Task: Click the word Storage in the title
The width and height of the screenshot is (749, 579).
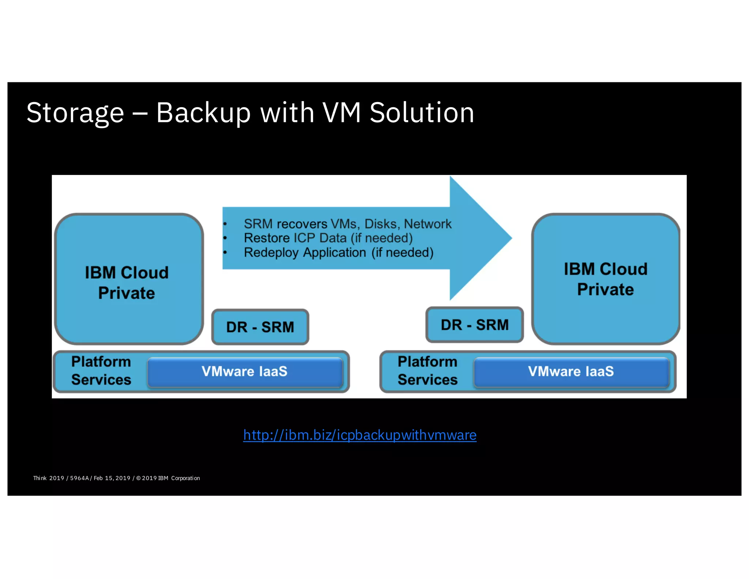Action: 75,113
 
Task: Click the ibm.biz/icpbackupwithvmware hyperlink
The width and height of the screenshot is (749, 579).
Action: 360,435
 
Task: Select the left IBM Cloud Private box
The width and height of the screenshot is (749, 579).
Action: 129,279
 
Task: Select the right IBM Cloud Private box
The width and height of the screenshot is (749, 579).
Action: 605,279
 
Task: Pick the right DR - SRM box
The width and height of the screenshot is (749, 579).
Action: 474,325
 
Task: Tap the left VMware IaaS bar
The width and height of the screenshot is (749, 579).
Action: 245,372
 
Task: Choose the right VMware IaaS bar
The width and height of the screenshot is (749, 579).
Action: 571,372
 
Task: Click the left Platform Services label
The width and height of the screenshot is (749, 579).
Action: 101,371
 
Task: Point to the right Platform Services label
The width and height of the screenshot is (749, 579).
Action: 428,371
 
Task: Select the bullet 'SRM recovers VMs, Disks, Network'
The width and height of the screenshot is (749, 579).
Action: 347,224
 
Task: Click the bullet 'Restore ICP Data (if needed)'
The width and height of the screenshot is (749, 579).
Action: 328,238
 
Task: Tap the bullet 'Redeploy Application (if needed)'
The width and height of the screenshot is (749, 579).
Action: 338,253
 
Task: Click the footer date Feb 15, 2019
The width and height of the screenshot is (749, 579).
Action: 112,478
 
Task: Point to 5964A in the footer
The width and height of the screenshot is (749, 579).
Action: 79,478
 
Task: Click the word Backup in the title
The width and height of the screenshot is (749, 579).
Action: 203,113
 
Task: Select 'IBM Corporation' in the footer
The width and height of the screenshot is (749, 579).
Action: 179,478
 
